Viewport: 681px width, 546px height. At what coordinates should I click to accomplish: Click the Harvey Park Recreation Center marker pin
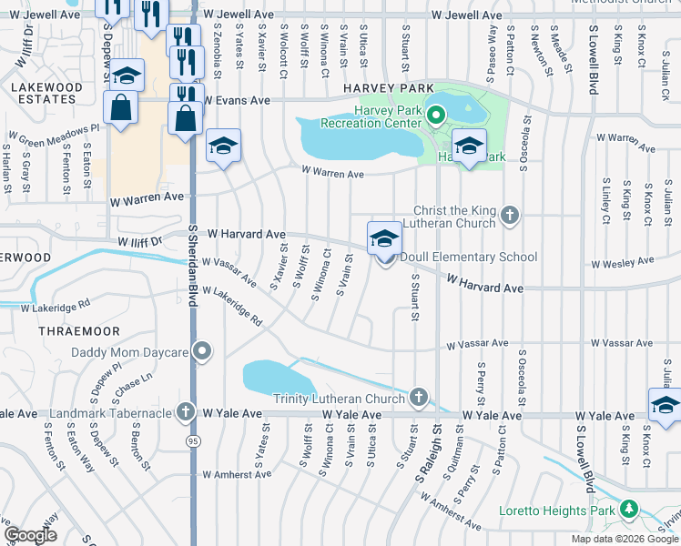(x=435, y=115)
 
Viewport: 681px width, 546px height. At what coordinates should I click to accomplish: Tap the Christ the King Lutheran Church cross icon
(x=511, y=216)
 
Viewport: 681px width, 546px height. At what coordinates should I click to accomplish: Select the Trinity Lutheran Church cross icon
(x=418, y=397)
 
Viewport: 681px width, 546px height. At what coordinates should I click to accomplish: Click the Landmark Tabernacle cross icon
(x=185, y=412)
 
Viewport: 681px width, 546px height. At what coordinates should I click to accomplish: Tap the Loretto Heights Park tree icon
(x=629, y=511)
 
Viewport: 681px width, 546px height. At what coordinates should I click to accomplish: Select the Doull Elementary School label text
(x=468, y=258)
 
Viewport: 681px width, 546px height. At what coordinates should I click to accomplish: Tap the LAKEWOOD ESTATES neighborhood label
(x=43, y=92)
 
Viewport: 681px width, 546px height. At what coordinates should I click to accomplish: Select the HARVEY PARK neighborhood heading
(x=380, y=86)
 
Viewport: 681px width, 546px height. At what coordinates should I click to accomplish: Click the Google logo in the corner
(x=30, y=535)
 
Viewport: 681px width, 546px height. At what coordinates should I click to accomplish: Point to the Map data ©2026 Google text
(x=624, y=539)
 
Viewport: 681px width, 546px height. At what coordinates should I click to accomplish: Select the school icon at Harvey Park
(x=469, y=146)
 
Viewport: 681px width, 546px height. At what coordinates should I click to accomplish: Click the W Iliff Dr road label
(x=138, y=242)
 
